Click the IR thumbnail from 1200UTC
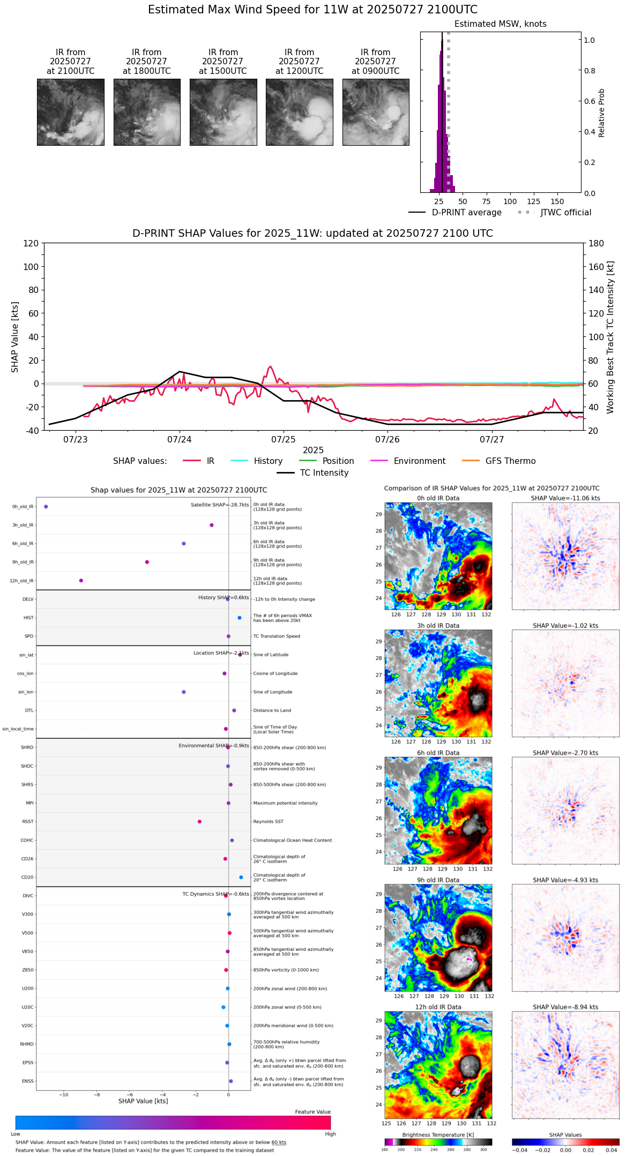pyautogui.click(x=299, y=112)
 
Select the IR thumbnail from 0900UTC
pyautogui.click(x=376, y=112)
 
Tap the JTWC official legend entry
pyautogui.click(x=565, y=213)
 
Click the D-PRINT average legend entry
pyautogui.click(x=466, y=213)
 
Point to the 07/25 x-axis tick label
pyautogui.click(x=284, y=440)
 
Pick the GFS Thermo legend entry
pyautogui.click(x=510, y=461)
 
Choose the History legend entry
pyautogui.click(x=268, y=461)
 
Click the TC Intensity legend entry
pyautogui.click(x=324, y=473)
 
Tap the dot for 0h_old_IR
pyautogui.click(x=46, y=506)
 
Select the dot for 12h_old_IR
pyautogui.click(x=81, y=580)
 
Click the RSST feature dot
pyautogui.click(x=199, y=821)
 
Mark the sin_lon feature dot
pyautogui.click(x=184, y=692)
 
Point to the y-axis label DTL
pyautogui.click(x=29, y=710)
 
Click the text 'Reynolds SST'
pyautogui.click(x=268, y=821)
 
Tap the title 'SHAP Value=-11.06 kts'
pyautogui.click(x=565, y=498)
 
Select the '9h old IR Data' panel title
pyautogui.click(x=438, y=880)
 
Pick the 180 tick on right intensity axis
pyautogui.click(x=597, y=243)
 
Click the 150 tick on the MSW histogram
pyautogui.click(x=557, y=202)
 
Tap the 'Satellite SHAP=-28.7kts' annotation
pyautogui.click(x=220, y=505)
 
